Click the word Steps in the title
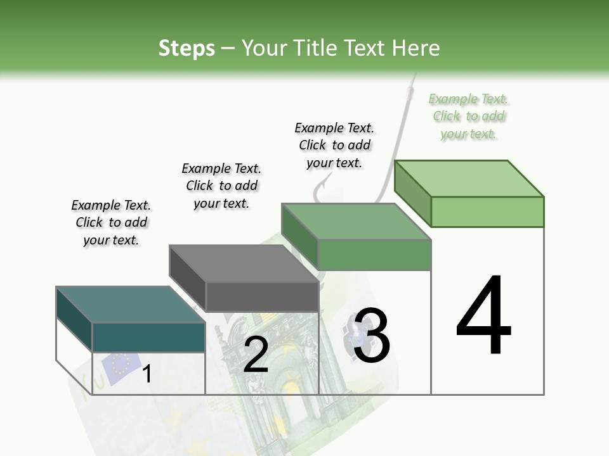pos(187,48)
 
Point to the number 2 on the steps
pos(256,355)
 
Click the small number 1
pos(147,374)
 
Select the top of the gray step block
pos(244,263)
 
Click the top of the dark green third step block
pos(356,222)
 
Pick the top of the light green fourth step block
pos(469,179)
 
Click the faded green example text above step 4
pos(469,117)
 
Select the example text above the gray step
pos(221,186)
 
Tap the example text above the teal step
pos(111,222)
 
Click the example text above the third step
pos(334,145)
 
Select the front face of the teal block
pos(148,337)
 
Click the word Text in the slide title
pos(365,48)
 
